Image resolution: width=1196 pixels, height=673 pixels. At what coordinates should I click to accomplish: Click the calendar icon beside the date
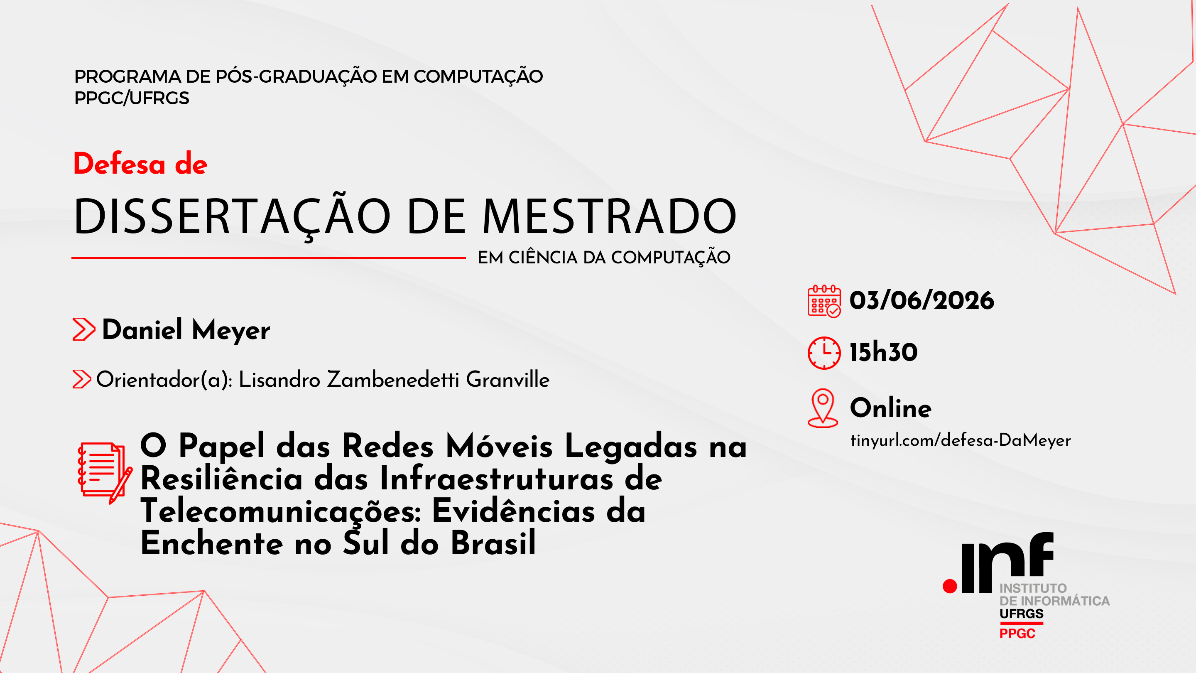[824, 302]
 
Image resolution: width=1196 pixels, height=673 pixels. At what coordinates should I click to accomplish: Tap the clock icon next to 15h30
[824, 353]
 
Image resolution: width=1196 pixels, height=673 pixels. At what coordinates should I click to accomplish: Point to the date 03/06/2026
[922, 300]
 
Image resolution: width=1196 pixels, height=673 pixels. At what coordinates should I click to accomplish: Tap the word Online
[890, 408]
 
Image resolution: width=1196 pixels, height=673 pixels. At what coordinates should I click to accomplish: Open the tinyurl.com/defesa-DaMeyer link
[960, 440]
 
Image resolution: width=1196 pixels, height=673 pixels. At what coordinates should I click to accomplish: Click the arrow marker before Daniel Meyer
[84, 329]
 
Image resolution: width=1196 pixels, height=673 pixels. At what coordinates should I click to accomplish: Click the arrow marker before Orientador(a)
[82, 379]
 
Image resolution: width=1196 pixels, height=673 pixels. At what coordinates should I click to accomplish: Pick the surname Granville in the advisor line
[507, 379]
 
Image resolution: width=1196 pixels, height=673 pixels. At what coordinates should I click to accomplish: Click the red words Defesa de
[140, 164]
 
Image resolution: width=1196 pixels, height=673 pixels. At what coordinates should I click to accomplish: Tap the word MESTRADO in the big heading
[609, 216]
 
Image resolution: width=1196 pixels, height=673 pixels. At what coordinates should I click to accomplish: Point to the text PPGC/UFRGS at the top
[132, 98]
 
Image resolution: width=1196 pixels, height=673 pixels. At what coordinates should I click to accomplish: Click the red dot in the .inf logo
[950, 586]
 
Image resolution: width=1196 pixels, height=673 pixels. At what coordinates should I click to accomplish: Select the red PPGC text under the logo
[1017, 634]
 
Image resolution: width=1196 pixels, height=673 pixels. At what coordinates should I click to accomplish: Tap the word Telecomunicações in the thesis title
[281, 512]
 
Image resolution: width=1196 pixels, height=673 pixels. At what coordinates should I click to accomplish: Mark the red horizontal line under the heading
[268, 258]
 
